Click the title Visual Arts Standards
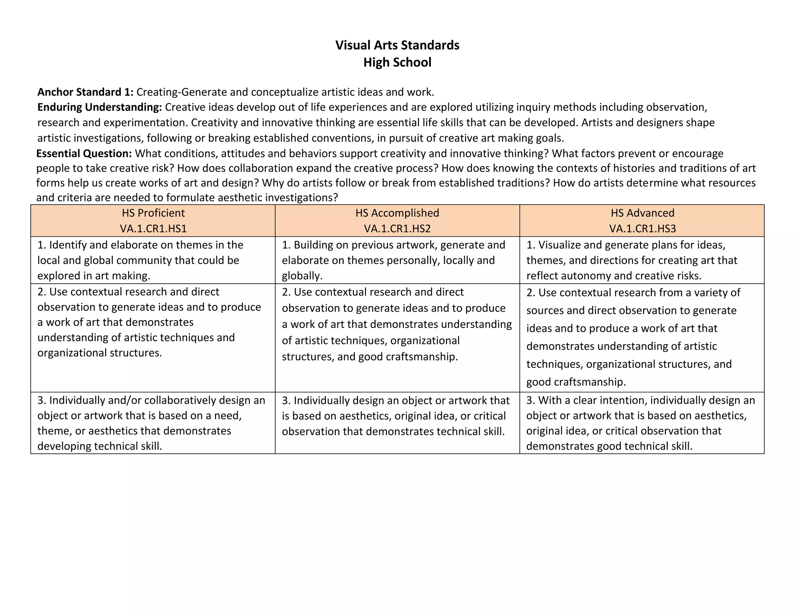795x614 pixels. [x=397, y=45]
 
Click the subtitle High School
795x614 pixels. [x=397, y=62]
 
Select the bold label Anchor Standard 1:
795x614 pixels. [x=85, y=92]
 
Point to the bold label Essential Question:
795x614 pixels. [x=84, y=154]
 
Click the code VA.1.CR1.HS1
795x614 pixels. [x=153, y=229]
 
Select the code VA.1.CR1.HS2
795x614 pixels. [x=397, y=229]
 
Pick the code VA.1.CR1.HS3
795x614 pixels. [x=642, y=229]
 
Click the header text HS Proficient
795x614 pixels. [x=153, y=213]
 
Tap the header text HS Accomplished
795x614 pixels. [x=397, y=213]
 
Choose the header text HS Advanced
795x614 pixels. [x=642, y=213]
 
